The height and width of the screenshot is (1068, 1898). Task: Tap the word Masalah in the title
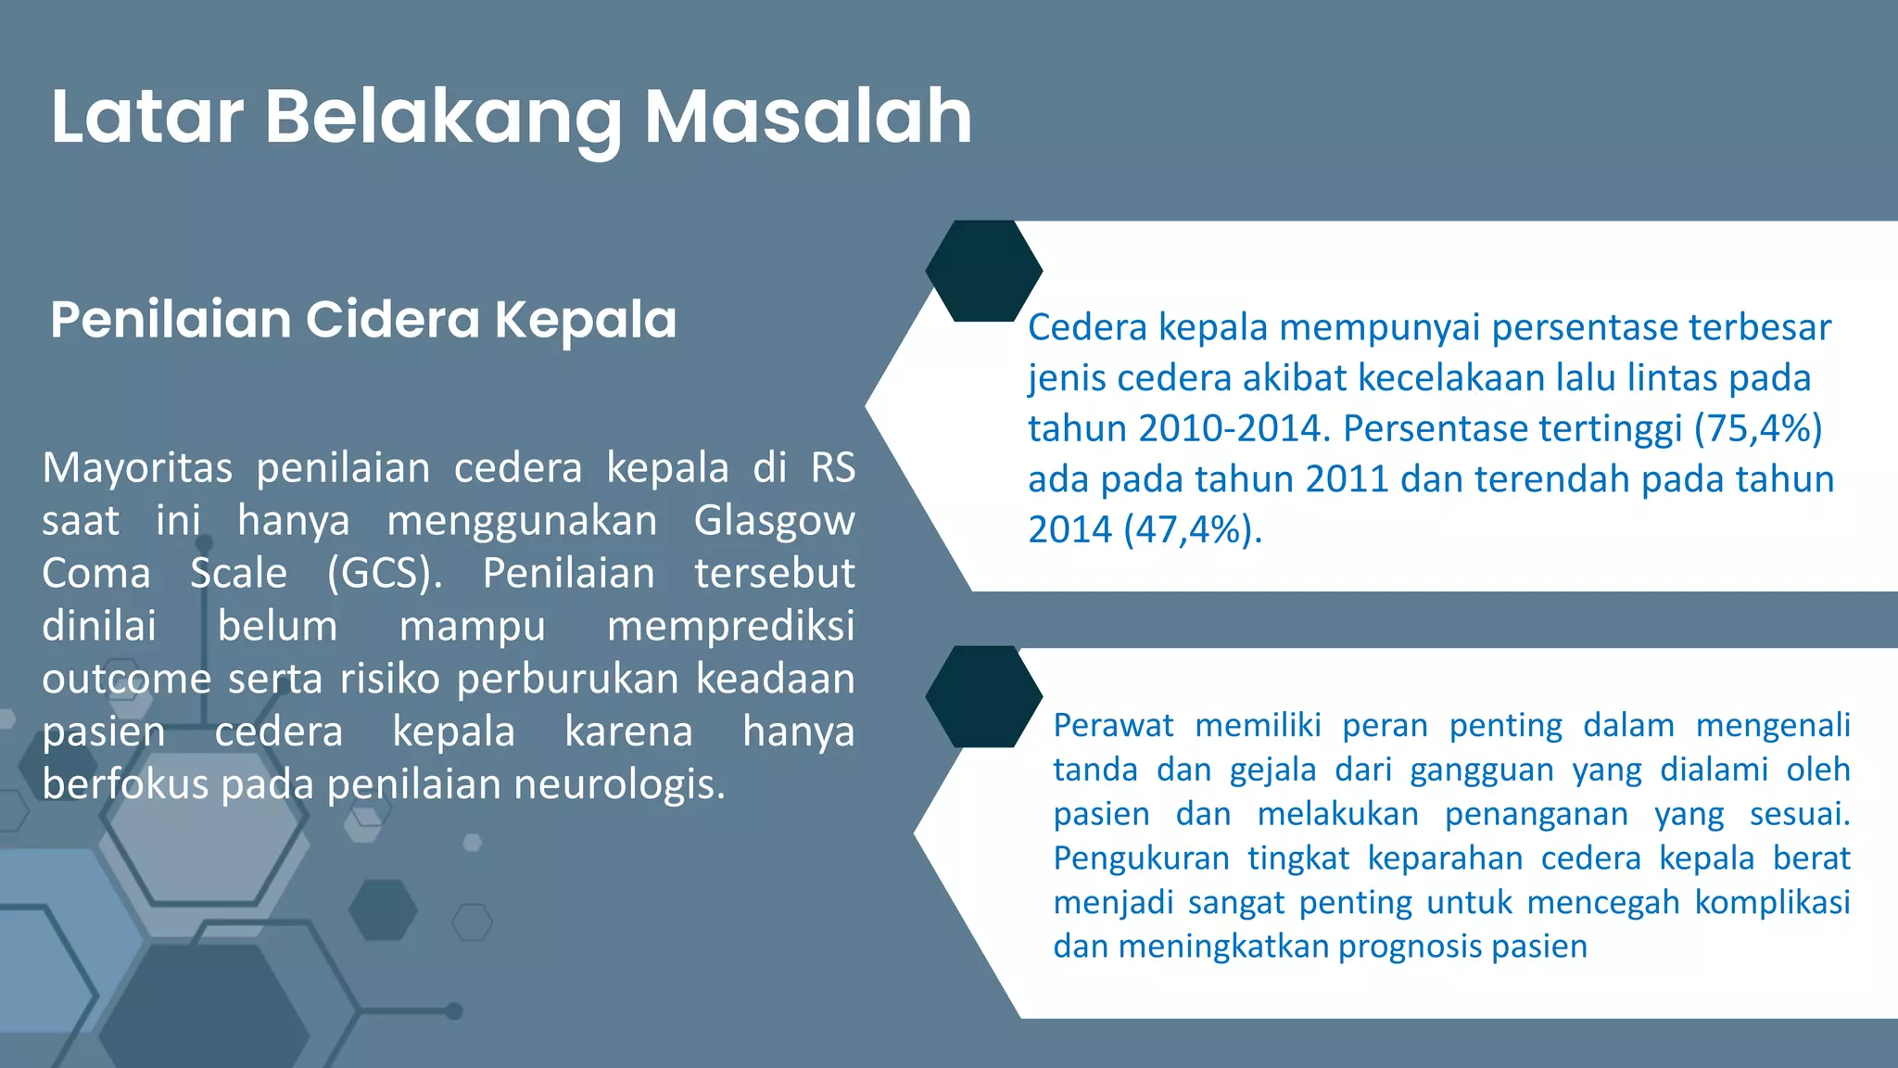click(x=808, y=117)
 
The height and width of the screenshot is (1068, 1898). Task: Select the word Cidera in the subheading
click(x=391, y=320)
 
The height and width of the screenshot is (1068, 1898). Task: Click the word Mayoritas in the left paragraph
click(x=137, y=468)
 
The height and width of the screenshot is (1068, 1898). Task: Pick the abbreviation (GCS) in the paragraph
click(x=385, y=574)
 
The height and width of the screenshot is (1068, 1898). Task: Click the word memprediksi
click(x=730, y=627)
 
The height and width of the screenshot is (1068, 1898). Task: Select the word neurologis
click(x=619, y=785)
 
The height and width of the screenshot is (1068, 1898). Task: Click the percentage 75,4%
click(x=1758, y=428)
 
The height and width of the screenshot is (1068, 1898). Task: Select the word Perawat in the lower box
click(x=1113, y=725)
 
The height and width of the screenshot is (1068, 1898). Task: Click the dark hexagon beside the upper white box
click(x=983, y=271)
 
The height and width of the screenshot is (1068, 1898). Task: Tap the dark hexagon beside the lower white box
click(x=983, y=696)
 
